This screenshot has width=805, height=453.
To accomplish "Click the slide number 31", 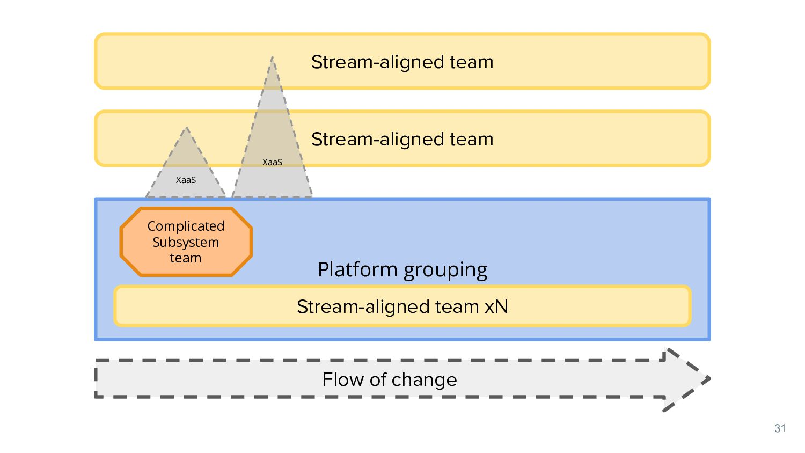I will (x=780, y=428).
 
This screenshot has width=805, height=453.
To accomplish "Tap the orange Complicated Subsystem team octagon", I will (x=186, y=242).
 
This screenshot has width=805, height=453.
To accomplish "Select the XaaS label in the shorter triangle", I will (x=186, y=180).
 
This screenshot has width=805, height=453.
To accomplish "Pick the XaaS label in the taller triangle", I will (x=272, y=162).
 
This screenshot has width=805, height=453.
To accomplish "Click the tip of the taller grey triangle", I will (x=272, y=58).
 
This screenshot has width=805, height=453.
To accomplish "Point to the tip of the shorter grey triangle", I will (x=186, y=129).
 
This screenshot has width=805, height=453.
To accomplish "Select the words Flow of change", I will (x=390, y=379).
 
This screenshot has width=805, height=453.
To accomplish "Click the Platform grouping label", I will (x=402, y=269).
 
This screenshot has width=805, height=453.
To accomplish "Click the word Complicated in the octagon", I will (x=186, y=226).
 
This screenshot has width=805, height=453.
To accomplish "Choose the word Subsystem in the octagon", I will (x=186, y=242).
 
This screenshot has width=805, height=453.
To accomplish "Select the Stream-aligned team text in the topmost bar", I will (x=402, y=62).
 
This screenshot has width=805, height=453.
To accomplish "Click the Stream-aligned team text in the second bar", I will (x=402, y=139).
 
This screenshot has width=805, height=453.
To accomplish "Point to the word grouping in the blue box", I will (x=445, y=270).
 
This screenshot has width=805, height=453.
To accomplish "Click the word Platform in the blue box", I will (x=358, y=269).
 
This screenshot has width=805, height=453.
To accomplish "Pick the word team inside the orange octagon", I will (x=186, y=258).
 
